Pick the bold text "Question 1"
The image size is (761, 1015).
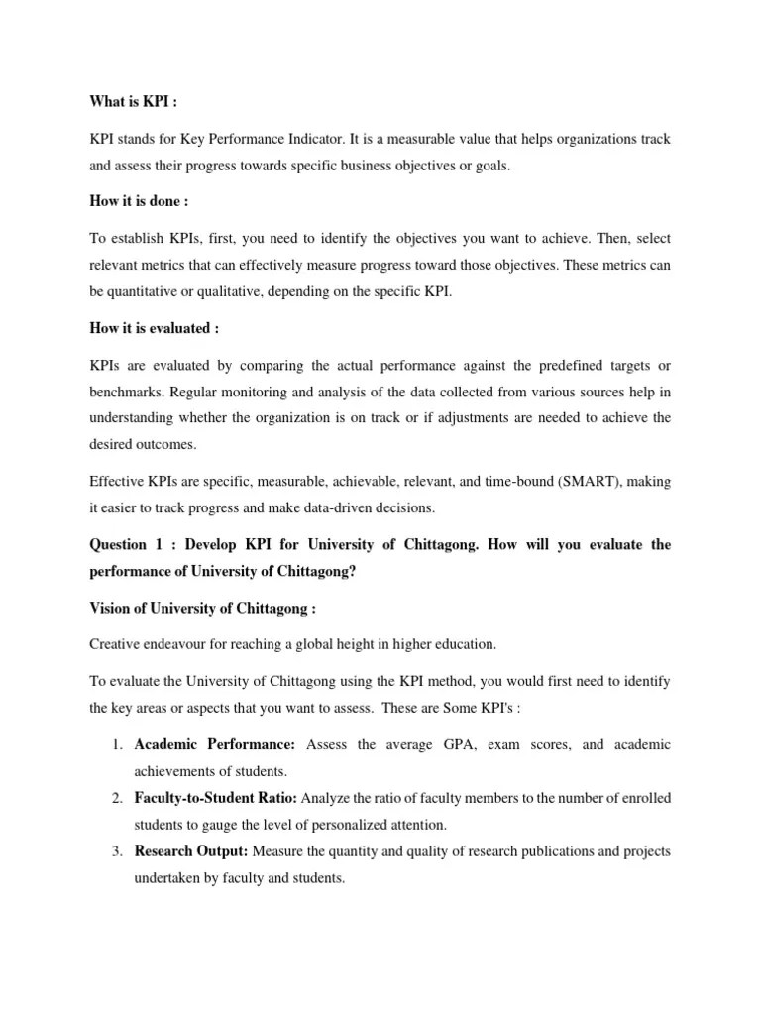[126, 544]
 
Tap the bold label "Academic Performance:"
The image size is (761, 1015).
[215, 744]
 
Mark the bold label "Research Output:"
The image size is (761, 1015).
[192, 851]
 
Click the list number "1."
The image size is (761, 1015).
[115, 744]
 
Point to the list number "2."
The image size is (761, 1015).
[115, 798]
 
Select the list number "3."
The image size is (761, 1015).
[115, 851]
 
